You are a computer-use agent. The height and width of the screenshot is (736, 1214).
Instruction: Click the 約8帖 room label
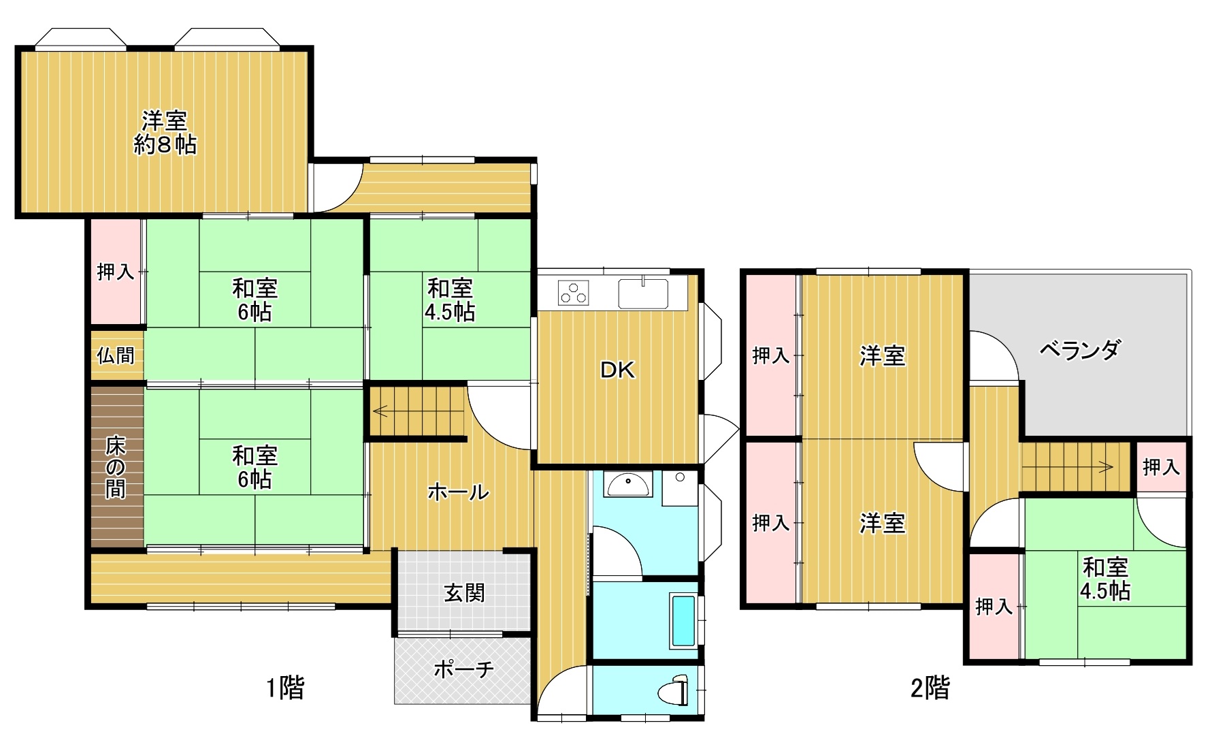coord(165,144)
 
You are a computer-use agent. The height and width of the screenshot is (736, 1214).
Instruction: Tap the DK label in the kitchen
coord(617,370)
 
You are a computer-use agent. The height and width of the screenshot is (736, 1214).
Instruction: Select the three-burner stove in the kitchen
coord(574,293)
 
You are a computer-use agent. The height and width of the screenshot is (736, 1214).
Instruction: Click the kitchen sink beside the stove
coord(643,293)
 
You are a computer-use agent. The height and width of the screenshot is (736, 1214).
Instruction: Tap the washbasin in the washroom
coord(628,484)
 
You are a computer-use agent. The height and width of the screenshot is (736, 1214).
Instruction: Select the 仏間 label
coord(116,355)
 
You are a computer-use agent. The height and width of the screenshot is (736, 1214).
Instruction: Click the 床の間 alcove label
coord(116,468)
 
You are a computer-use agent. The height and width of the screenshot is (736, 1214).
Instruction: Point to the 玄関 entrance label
coord(464,592)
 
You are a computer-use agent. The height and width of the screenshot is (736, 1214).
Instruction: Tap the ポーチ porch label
coord(463,669)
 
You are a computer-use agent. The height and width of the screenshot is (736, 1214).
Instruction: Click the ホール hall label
coord(458,492)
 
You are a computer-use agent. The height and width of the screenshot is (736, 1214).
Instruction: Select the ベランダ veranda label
coord(1080,350)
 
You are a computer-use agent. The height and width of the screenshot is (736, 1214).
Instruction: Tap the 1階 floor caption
coord(284,688)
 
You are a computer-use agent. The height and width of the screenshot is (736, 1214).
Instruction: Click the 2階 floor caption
coord(930,688)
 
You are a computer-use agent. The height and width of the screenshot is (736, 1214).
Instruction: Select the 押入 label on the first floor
coord(116,272)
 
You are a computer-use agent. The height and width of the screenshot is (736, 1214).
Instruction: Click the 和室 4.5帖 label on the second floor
coord(1105,579)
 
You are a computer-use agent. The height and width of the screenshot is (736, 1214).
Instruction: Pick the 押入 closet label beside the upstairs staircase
coord(1161,467)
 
